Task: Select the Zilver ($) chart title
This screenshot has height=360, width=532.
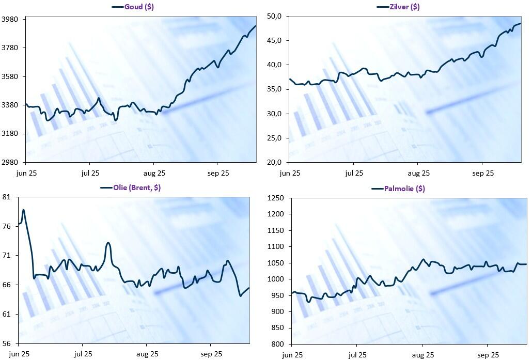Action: pyautogui.click(x=404, y=7)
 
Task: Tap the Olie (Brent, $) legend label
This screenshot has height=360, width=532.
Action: pyautogui.click(x=136, y=187)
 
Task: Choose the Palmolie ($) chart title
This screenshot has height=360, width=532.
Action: pyautogui.click(x=404, y=189)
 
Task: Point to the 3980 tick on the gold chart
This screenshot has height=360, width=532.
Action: pyautogui.click(x=10, y=19)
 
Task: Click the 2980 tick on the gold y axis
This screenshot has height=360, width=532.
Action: pyautogui.click(x=10, y=162)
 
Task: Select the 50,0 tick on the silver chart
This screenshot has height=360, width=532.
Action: pyautogui.click(x=274, y=17)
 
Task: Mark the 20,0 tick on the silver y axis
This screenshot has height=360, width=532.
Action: pyautogui.click(x=274, y=162)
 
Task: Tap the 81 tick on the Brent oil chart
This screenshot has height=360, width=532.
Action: pyautogui.click(x=7, y=197)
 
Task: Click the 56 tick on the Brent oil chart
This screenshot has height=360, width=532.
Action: pyautogui.click(x=7, y=343)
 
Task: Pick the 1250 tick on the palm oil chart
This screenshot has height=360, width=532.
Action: pyautogui.click(x=277, y=198)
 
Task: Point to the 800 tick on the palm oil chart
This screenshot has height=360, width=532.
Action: pyautogui.click(x=279, y=344)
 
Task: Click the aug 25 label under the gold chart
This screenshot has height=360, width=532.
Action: pyautogui.click(x=154, y=173)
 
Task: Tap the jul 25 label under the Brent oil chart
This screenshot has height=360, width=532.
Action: pyautogui.click(x=83, y=354)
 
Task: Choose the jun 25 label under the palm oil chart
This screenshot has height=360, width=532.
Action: pyautogui.click(x=293, y=355)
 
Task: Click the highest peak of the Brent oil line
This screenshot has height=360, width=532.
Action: pyautogui.click(x=23, y=210)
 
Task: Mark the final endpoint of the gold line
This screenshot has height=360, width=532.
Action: pyautogui.click(x=256, y=26)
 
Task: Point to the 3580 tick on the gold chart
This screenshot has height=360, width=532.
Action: pyautogui.click(x=10, y=76)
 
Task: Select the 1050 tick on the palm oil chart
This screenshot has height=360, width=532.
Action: pyautogui.click(x=277, y=263)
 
